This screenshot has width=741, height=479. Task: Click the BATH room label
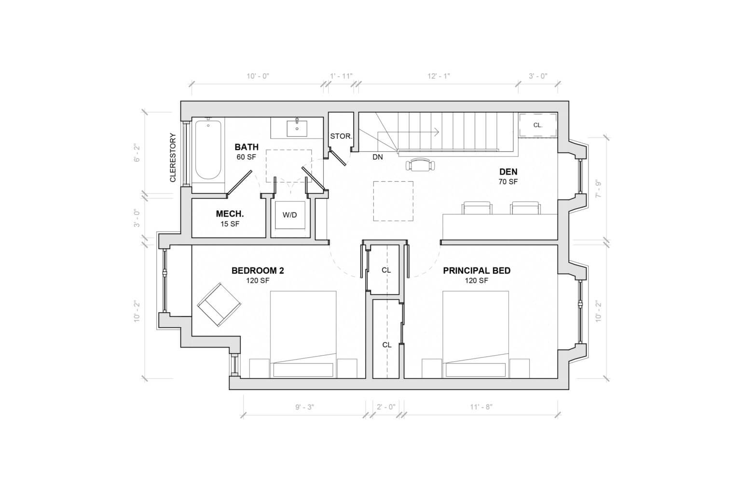(247, 147)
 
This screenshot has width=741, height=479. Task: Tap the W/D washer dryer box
(289, 215)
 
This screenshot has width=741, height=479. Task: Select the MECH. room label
(230, 214)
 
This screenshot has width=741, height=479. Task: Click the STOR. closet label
(341, 136)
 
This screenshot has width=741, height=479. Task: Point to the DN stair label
(377, 157)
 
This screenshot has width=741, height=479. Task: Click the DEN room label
(508, 172)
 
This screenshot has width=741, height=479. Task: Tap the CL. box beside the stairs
(537, 125)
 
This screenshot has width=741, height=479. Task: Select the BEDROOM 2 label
(258, 271)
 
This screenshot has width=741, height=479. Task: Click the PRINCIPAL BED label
(477, 271)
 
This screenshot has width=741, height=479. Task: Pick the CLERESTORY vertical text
(173, 158)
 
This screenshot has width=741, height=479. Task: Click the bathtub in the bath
(208, 150)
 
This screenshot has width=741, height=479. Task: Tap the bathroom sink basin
(297, 129)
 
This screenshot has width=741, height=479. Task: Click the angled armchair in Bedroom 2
(219, 304)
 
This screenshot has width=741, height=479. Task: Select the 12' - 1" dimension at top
(439, 76)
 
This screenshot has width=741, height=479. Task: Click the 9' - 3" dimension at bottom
(304, 407)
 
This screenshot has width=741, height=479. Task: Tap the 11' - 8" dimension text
(481, 407)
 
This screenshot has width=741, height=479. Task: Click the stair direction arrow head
(437, 131)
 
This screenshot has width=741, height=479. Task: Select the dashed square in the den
(393, 201)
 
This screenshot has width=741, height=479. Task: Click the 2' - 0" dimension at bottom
(385, 407)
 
